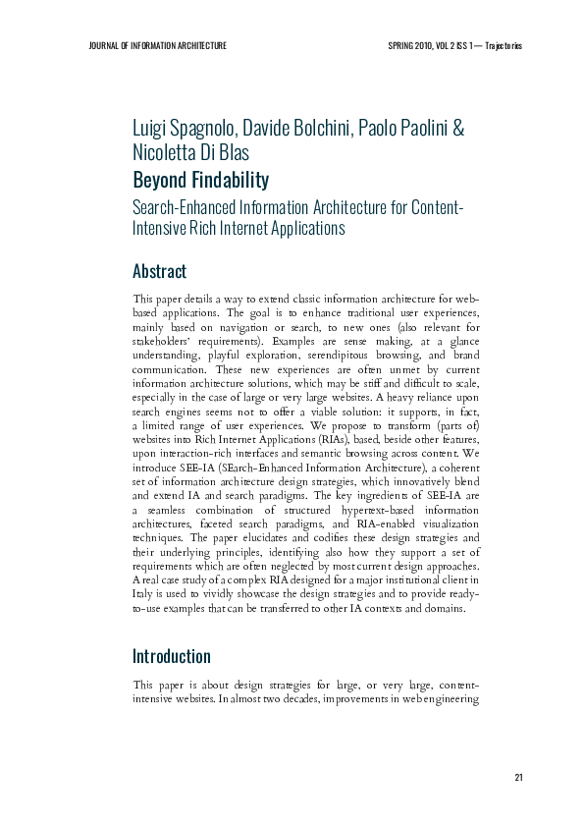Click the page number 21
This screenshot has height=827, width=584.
518,778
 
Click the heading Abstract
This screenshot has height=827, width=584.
159,271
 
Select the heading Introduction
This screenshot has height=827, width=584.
172,656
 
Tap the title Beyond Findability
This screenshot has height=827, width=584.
200,180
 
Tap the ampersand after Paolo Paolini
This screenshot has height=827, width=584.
458,130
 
